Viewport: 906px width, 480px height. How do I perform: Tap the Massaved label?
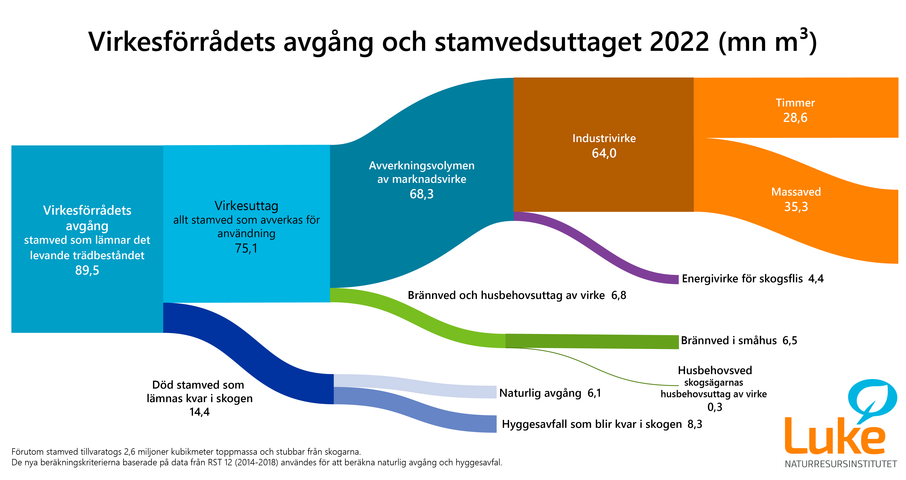click(796, 192)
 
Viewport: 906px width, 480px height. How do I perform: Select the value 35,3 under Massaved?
click(796, 207)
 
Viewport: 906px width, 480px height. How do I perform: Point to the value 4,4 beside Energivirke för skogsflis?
click(816, 279)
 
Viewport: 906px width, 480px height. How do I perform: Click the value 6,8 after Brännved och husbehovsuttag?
click(619, 295)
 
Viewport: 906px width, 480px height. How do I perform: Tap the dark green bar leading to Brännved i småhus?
click(591, 341)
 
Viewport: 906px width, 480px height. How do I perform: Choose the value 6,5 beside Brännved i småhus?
click(790, 340)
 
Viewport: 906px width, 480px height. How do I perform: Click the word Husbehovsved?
click(715, 370)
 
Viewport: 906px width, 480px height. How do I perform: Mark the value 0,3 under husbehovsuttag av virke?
click(715, 407)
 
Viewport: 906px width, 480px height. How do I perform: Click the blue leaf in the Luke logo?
click(872, 398)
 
